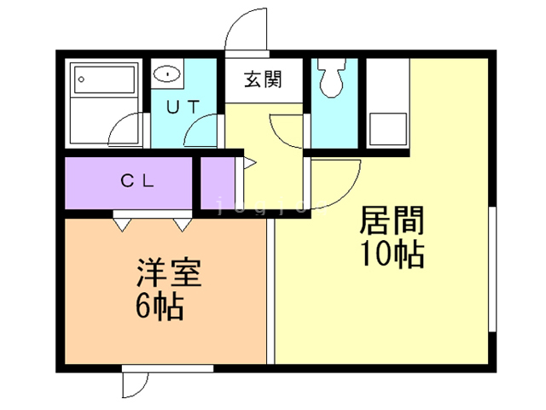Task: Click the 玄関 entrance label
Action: [x=263, y=82]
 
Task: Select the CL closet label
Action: [x=136, y=181]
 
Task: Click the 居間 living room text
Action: [x=392, y=222]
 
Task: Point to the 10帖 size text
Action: [x=392, y=254]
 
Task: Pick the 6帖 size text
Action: [x=160, y=307]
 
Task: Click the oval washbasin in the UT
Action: [x=168, y=74]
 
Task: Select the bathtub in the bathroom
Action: [x=103, y=81]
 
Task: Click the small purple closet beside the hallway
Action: [x=218, y=180]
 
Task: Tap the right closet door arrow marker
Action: [x=183, y=224]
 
